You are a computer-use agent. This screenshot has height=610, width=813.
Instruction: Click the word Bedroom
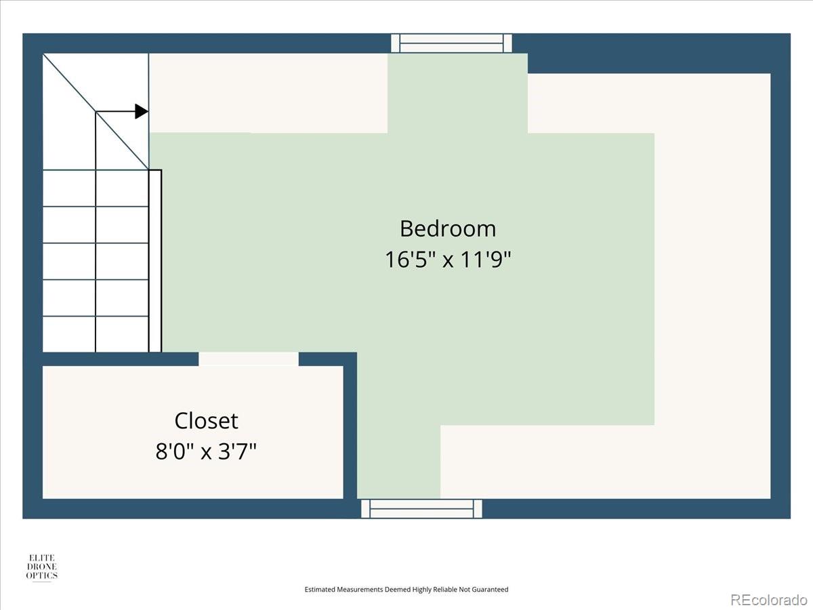pyautogui.click(x=448, y=228)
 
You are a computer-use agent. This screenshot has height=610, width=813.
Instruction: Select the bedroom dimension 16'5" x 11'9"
pyautogui.click(x=448, y=259)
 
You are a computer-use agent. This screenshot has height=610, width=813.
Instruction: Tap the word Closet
pyautogui.click(x=206, y=421)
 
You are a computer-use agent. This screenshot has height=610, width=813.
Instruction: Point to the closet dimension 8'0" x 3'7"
pyautogui.click(x=206, y=451)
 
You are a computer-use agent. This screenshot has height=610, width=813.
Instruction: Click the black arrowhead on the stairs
pyautogui.click(x=142, y=111)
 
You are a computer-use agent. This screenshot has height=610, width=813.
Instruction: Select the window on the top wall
pyautogui.click(x=451, y=43)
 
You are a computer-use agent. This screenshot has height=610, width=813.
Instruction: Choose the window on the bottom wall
pyautogui.click(x=421, y=508)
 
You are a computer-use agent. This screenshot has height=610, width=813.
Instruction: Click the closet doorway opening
pyautogui.click(x=249, y=359)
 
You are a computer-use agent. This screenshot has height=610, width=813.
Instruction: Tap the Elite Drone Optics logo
pyautogui.click(x=42, y=567)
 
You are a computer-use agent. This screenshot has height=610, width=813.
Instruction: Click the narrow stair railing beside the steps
pyautogui.click(x=155, y=261)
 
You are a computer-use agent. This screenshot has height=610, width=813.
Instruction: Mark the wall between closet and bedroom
pyautogui.click(x=350, y=425)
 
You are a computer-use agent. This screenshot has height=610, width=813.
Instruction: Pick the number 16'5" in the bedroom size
pyautogui.click(x=411, y=259)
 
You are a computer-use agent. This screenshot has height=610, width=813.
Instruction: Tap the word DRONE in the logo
pyautogui.click(x=42, y=567)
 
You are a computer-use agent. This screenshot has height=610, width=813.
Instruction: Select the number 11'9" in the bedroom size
pyautogui.click(x=486, y=259)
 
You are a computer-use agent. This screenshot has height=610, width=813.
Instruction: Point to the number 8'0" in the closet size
pyautogui.click(x=175, y=451)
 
